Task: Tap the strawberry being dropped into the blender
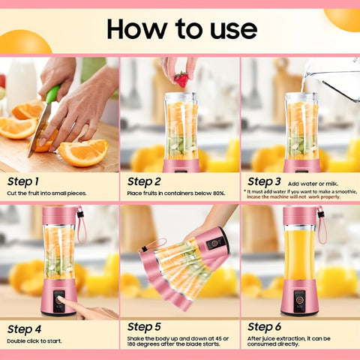[x=181, y=79]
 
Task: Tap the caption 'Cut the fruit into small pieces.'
[x=47, y=193]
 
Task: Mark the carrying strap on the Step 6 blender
[x=322, y=225]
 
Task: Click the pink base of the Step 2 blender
[x=181, y=165]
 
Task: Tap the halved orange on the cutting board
[x=82, y=153]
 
